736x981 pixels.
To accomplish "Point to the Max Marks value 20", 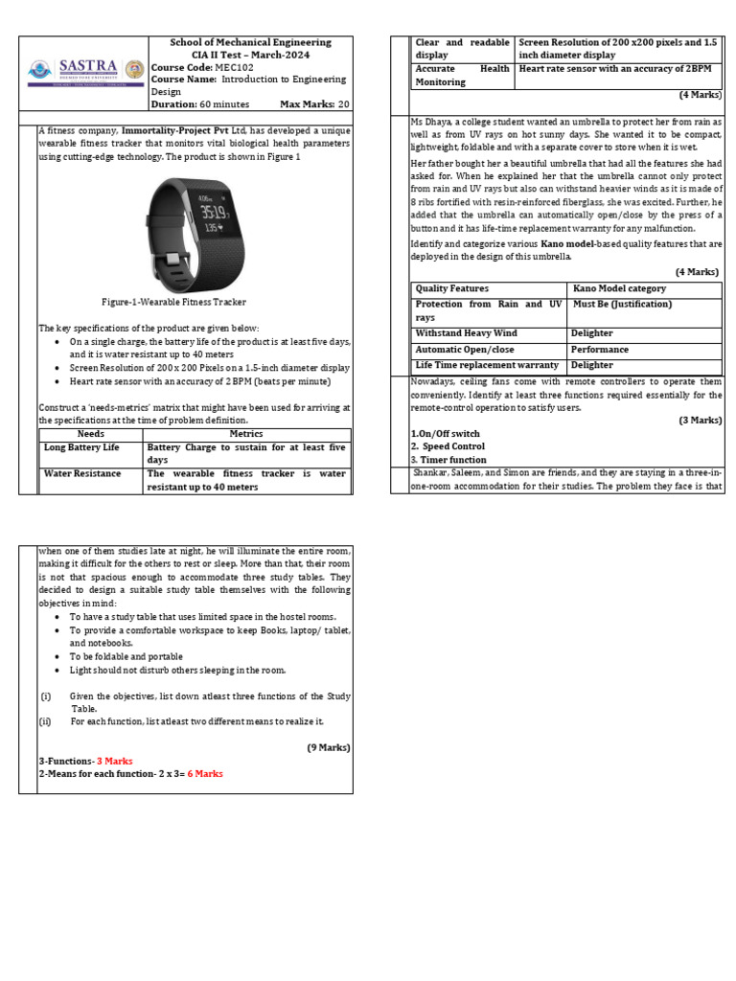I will (344, 103).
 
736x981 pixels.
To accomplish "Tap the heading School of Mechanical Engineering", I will (250, 42).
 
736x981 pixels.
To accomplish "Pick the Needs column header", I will (90, 434).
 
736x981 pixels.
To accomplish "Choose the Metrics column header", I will (246, 434).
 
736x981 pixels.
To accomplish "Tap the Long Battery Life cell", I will (82, 447).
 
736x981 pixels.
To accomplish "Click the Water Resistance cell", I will (82, 473).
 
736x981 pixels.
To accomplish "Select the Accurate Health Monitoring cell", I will (462, 75).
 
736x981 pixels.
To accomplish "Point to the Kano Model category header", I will (620, 288).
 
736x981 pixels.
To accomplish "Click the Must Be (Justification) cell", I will (621, 305).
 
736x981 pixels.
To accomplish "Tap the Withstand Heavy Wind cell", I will (466, 333).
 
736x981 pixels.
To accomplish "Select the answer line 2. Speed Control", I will (448, 446).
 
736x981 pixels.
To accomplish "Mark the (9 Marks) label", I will (329, 747).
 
